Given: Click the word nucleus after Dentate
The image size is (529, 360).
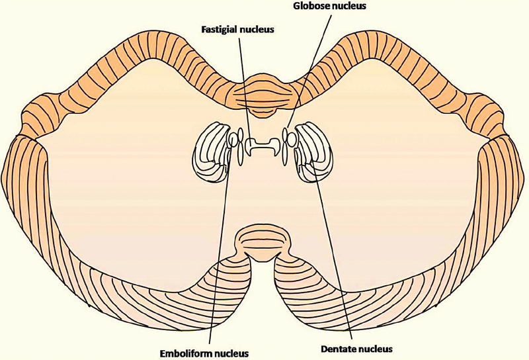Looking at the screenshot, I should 375,347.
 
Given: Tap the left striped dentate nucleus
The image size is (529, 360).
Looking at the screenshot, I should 210,152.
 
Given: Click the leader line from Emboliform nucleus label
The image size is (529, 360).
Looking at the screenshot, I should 218,251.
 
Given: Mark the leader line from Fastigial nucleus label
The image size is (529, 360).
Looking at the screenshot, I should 244,86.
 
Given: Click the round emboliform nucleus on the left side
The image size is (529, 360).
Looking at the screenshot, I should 233,140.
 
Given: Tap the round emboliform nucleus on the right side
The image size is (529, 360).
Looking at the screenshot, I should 290,138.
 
